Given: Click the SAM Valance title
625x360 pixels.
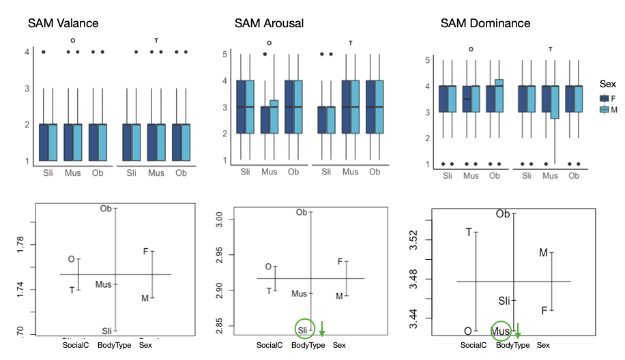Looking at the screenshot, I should point(63,23).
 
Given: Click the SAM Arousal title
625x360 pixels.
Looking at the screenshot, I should point(269,23).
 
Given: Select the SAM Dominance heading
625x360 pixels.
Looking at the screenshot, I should point(485,23).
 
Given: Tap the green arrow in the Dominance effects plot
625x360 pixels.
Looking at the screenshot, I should point(517,332).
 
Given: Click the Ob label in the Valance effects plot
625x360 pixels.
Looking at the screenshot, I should point(106,209).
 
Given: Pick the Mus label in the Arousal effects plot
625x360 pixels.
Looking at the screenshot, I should point(299,294).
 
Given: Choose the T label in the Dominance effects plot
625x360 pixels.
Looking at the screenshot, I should point(468,232).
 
